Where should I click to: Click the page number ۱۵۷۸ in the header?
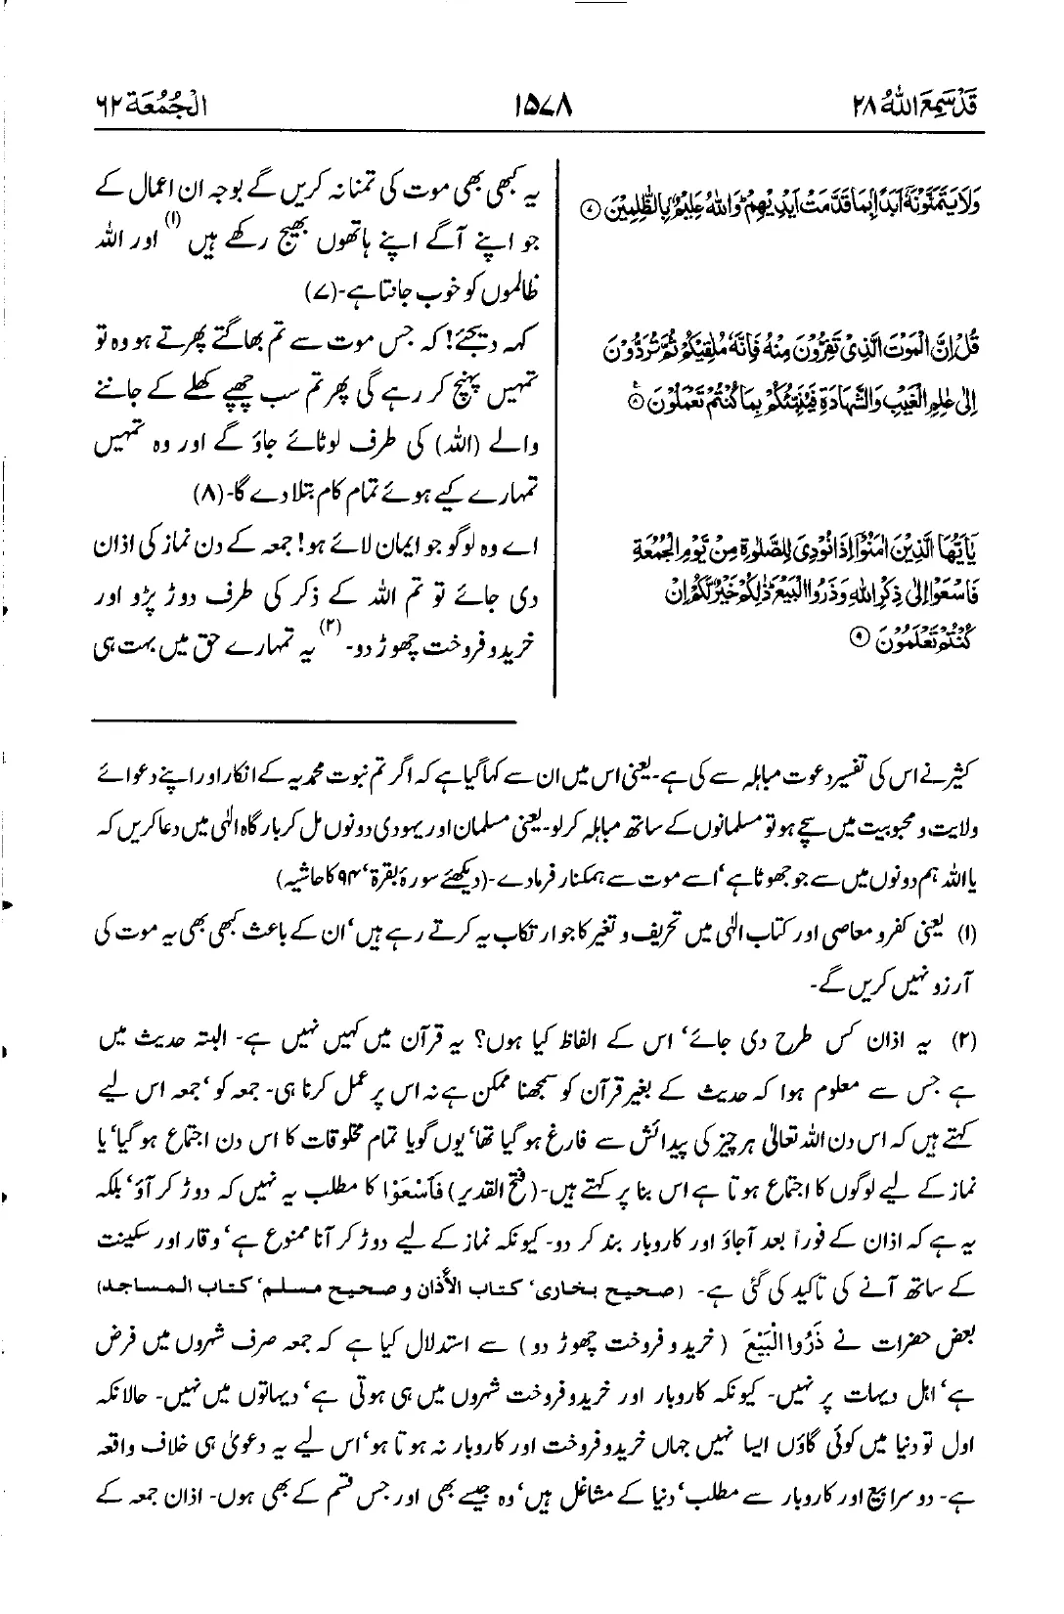click(542, 100)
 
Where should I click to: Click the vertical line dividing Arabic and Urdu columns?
click(556, 420)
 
